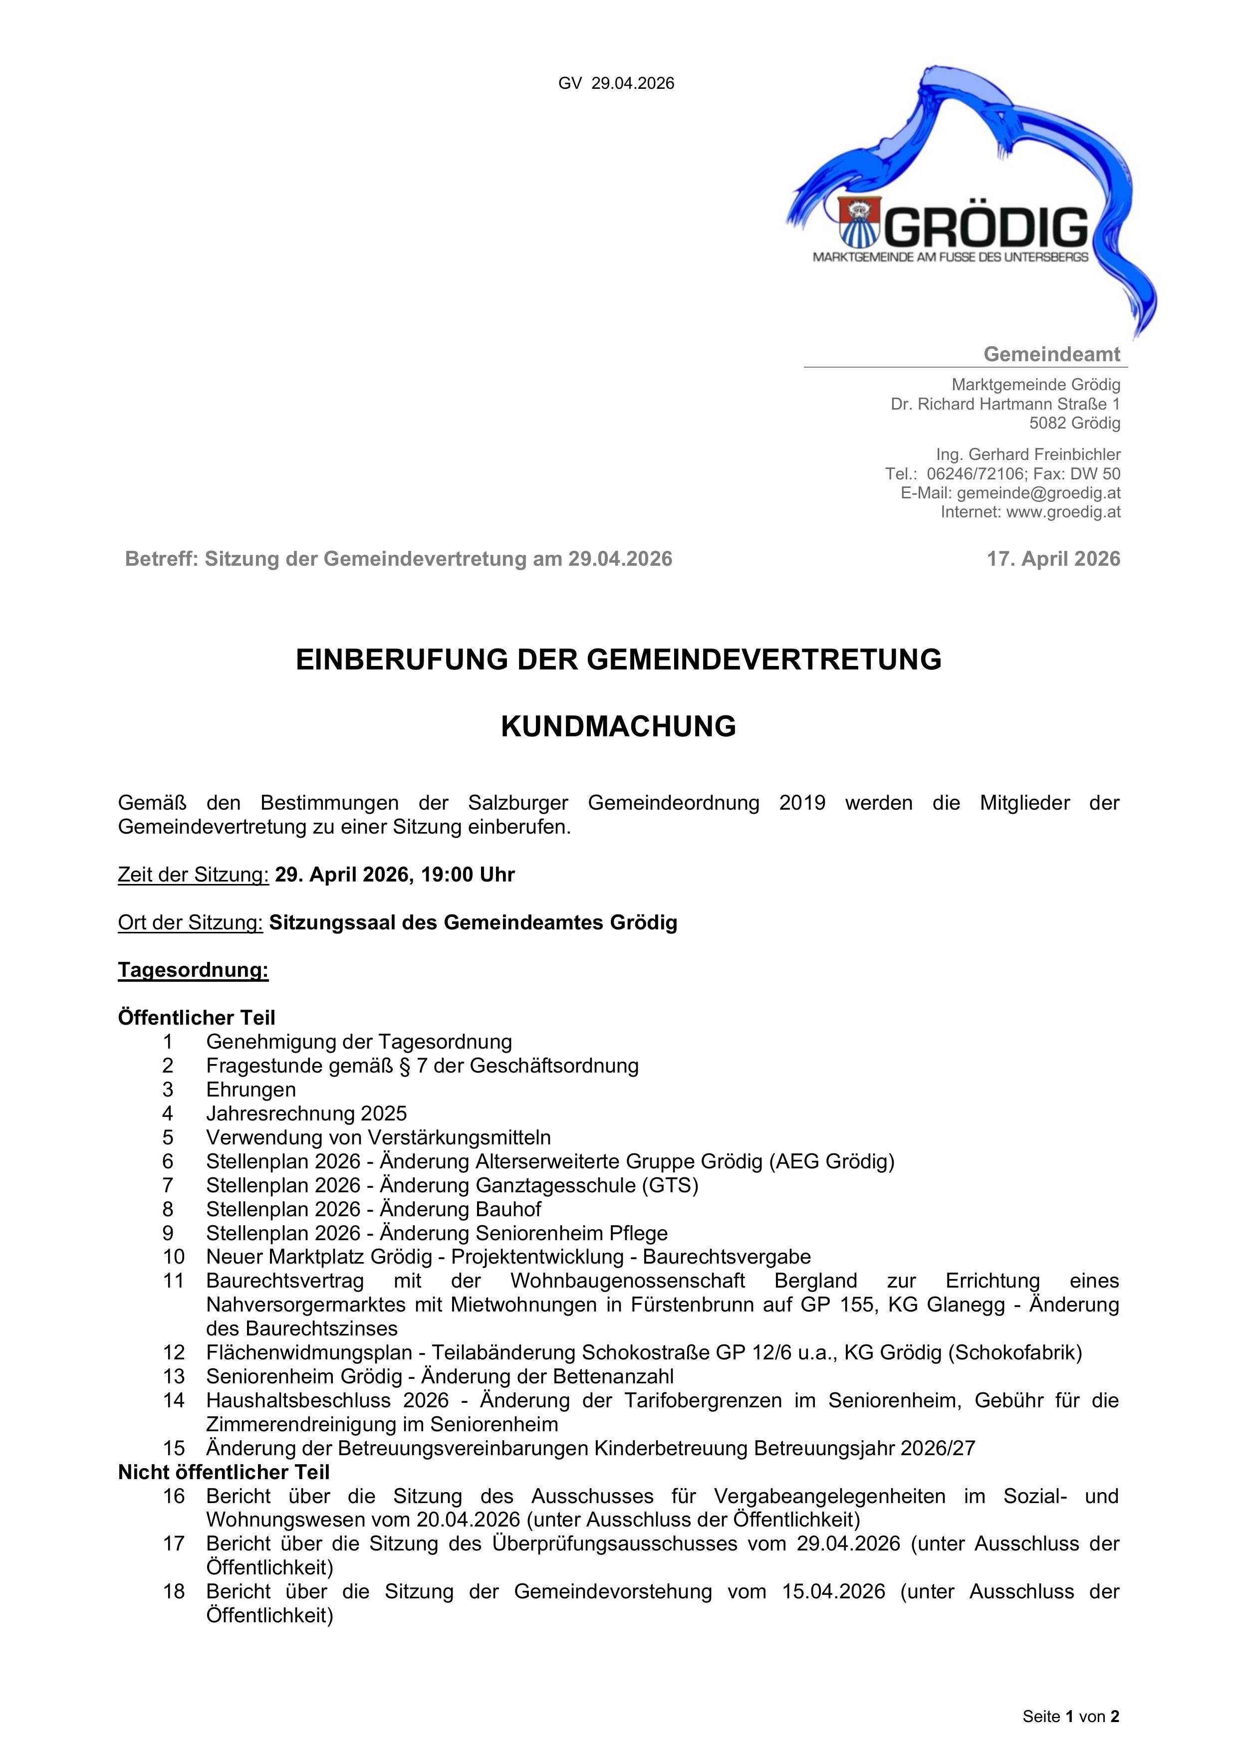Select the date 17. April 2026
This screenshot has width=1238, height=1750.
(x=1053, y=559)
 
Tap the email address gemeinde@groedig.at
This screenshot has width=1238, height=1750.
(x=1038, y=493)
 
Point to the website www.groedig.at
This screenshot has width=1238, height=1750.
(x=1063, y=512)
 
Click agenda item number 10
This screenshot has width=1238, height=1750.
(x=174, y=1256)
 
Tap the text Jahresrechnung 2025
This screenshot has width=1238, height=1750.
(x=306, y=1113)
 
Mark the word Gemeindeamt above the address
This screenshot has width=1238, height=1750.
(x=1051, y=354)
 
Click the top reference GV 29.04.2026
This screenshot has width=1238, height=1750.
(x=616, y=84)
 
